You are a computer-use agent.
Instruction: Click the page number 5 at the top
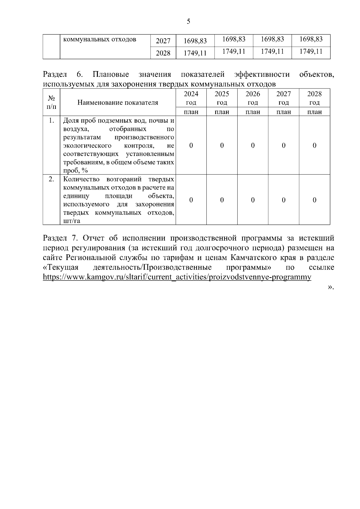click(188, 21)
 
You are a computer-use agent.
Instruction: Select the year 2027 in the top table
click(163, 41)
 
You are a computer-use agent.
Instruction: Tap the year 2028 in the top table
click(163, 53)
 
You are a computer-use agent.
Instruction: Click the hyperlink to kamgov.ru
click(177, 277)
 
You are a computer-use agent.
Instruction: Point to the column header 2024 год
click(191, 98)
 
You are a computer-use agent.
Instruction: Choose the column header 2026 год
click(253, 98)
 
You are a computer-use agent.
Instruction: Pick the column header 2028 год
click(314, 98)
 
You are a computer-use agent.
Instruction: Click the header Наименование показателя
click(118, 103)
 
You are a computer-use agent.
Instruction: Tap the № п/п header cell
click(52, 102)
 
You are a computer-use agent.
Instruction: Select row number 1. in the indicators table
click(52, 121)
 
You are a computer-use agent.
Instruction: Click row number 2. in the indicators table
click(52, 179)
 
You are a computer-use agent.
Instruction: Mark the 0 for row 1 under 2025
click(222, 145)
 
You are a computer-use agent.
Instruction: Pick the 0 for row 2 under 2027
click(283, 200)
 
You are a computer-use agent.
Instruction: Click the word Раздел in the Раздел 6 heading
click(55, 74)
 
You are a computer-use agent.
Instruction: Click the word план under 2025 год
click(222, 112)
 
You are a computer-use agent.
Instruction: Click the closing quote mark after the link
click(330, 287)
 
